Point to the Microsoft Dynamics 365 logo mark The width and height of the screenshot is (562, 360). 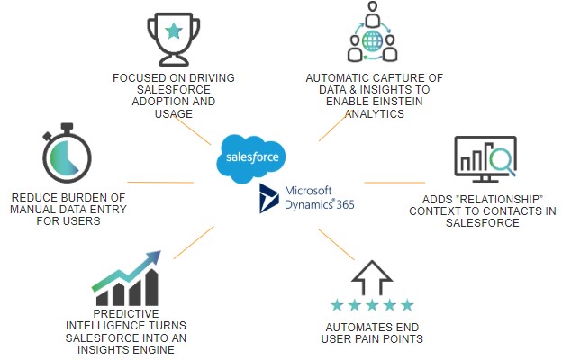269,198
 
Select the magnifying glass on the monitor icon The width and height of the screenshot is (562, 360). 498,162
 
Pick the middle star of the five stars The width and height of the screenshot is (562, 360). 371,305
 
